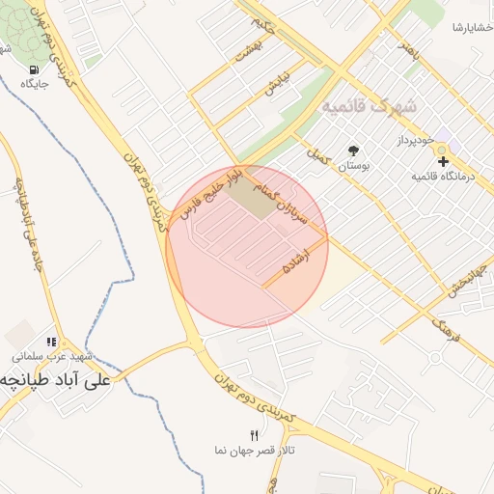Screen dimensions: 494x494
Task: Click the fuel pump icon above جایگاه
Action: [x=36, y=69]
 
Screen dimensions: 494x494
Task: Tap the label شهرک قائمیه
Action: [x=369, y=105]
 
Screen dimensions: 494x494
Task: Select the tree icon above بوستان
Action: [x=354, y=150]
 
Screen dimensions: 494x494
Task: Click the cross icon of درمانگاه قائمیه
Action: [x=443, y=160]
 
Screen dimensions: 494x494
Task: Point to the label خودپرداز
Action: [x=417, y=141]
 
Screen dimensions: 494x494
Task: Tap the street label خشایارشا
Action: [x=472, y=27]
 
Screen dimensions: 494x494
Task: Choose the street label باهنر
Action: [x=412, y=53]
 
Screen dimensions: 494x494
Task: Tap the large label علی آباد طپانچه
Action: [x=58, y=380]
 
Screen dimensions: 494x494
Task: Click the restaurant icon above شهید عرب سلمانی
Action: [x=51, y=342]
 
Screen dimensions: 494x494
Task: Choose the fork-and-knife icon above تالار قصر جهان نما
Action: [x=254, y=435]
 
